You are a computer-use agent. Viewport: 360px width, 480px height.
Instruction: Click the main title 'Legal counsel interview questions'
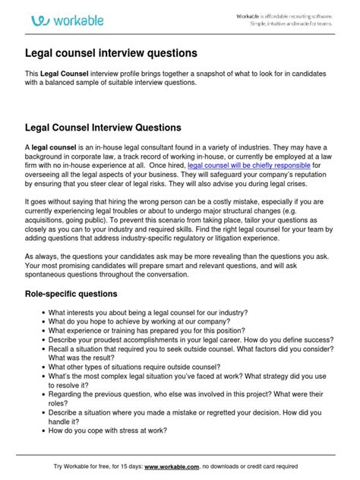[111, 54]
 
